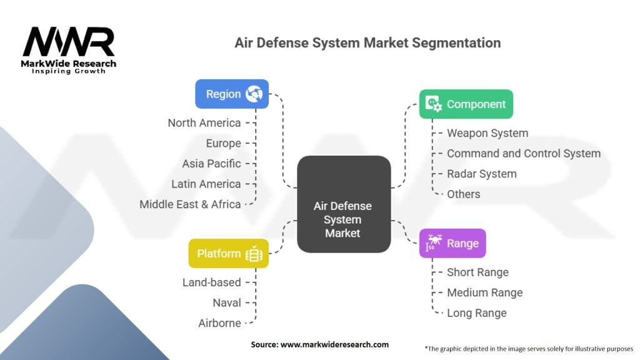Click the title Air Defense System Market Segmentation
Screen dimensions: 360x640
[367, 43]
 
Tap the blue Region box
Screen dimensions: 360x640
[232, 94]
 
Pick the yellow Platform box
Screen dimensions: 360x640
[228, 253]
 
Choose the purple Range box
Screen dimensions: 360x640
[452, 243]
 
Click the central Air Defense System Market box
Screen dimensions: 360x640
[343, 220]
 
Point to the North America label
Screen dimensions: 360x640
[204, 123]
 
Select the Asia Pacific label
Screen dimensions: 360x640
[211, 164]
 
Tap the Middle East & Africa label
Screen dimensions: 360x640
[190, 204]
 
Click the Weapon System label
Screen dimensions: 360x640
[487, 133]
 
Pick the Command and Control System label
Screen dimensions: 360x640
[524, 153]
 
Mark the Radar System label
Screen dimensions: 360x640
[482, 174]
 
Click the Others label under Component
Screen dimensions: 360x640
[464, 194]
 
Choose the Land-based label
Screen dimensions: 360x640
[211, 282]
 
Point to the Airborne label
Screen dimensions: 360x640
[220, 322]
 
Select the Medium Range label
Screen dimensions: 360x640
[484, 292]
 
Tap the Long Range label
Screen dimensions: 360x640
[477, 312]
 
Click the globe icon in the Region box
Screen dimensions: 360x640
[254, 94]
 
